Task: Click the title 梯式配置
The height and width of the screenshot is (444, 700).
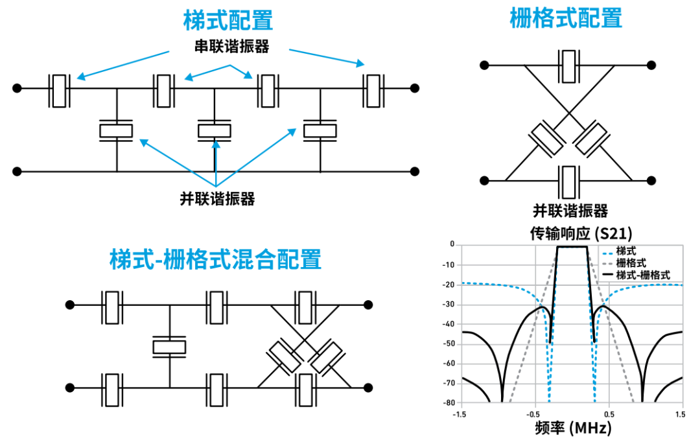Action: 228,20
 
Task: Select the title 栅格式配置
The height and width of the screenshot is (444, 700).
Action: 566,18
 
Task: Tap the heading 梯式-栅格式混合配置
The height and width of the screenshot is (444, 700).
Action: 215,260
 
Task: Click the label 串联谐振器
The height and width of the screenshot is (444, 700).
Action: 231,47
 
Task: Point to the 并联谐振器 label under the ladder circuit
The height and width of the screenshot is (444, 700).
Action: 217,199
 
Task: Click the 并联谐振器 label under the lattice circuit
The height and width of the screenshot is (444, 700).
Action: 570,211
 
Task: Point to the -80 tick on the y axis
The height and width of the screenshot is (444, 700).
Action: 447,403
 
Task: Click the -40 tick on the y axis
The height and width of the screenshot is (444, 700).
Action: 447,324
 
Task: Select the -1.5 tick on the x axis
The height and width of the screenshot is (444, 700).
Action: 459,414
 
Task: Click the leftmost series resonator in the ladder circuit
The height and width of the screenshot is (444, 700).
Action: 60,91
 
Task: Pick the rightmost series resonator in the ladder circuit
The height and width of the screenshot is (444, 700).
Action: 373,91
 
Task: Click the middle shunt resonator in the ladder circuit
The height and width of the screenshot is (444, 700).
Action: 214,130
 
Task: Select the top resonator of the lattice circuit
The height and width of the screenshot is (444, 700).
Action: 568,65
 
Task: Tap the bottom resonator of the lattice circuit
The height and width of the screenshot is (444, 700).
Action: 568,181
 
